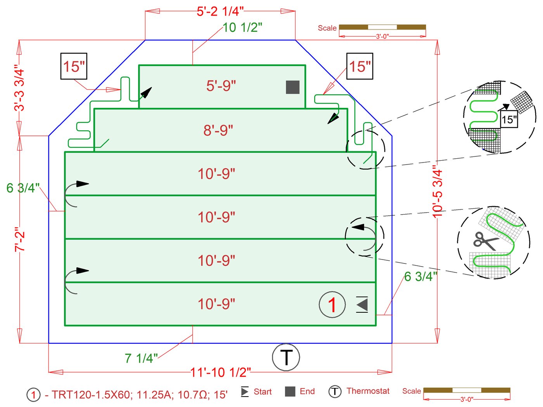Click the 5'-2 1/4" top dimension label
[220, 11]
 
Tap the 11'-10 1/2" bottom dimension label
[221, 372]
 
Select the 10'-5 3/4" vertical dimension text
[438, 193]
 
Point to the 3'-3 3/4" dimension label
[19, 88]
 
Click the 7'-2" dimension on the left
[19, 239]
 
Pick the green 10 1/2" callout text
[242, 28]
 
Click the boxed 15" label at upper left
[74, 66]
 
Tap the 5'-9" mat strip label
[221, 86]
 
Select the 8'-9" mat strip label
[218, 130]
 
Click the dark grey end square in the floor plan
[292, 87]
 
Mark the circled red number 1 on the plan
[332, 305]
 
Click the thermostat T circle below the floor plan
[286, 357]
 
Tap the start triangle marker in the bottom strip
[362, 305]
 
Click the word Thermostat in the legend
[368, 391]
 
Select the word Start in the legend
[263, 391]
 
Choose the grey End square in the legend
[290, 391]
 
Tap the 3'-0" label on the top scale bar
[382, 36]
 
